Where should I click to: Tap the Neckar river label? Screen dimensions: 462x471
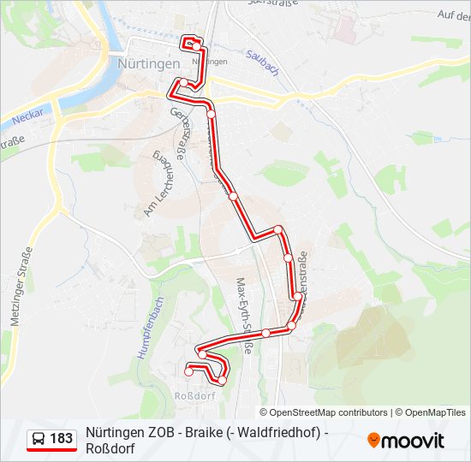(28, 114)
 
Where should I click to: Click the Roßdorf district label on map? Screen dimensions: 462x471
(194, 396)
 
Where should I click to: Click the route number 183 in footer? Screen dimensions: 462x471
(61, 439)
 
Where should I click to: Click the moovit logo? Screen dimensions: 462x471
(406, 441)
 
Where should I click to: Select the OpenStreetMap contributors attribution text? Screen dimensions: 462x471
(329, 412)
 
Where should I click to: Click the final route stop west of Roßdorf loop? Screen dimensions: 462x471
(188, 371)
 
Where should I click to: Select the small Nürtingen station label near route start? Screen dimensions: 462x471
(210, 62)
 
